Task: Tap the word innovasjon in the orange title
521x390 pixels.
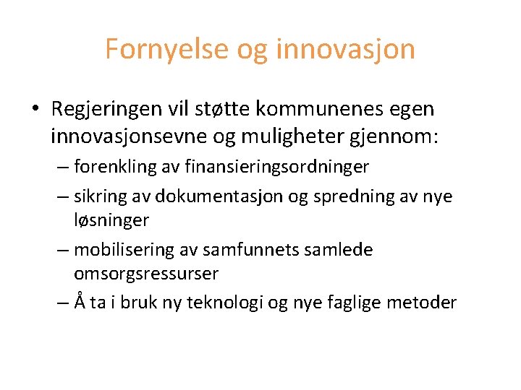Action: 346,49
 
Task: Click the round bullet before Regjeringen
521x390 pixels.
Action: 35,110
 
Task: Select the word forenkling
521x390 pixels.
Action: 114,168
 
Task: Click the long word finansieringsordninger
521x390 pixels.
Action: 277,168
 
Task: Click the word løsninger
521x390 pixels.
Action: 111,219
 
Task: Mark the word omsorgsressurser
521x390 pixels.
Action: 146,274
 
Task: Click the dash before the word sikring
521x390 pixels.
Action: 62,196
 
